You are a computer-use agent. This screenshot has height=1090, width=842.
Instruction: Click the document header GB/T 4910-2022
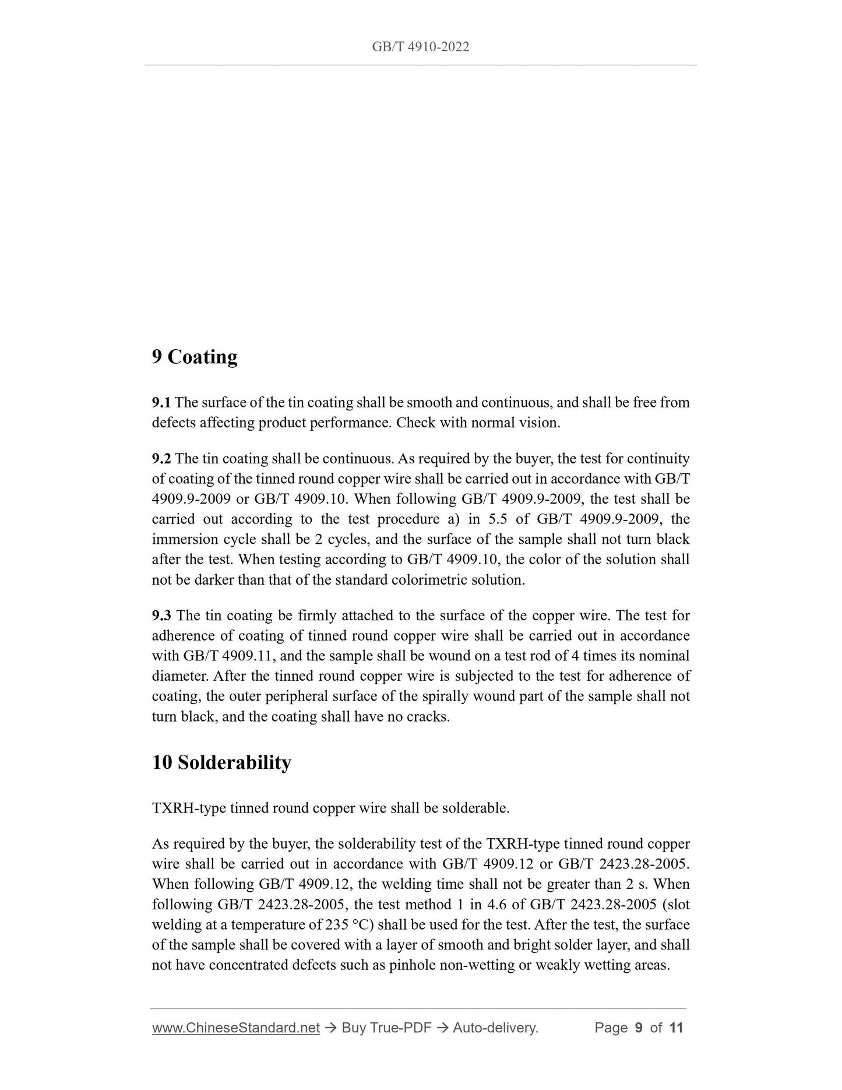(x=420, y=47)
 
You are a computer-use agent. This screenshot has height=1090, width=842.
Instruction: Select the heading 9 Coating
(x=194, y=357)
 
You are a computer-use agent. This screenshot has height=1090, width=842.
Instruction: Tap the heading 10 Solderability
(x=221, y=762)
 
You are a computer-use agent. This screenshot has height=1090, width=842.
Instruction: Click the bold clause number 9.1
(x=161, y=402)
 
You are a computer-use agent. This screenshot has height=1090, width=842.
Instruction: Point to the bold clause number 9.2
(x=161, y=459)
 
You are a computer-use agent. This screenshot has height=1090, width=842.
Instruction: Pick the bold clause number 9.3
(x=161, y=616)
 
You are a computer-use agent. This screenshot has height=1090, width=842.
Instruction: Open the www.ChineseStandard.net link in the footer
(x=235, y=1028)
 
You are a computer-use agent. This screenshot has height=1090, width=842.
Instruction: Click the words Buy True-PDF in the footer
(x=386, y=1028)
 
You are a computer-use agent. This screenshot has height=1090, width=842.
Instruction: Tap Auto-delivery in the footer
(x=495, y=1028)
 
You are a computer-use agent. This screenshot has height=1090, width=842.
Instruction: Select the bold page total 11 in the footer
(x=676, y=1028)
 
